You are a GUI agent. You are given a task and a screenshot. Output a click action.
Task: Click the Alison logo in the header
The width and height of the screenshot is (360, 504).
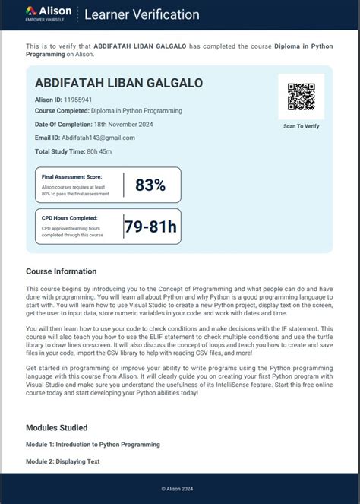49,13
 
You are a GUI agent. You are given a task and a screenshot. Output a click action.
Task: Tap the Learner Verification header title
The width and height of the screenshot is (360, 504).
142,14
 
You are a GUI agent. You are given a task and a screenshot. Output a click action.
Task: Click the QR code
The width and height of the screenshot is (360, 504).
301,97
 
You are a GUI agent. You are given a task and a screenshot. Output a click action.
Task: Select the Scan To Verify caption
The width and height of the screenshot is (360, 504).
301,126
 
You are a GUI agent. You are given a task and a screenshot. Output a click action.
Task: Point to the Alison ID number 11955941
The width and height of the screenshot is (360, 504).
78,99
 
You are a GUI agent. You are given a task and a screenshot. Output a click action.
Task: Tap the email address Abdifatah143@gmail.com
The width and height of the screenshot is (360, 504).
98,138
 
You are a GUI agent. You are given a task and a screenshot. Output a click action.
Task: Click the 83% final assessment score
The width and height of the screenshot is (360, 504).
150,185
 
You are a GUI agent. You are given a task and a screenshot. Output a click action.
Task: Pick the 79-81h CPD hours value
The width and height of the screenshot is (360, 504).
150,226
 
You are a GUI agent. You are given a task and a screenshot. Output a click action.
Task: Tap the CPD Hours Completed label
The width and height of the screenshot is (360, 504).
69,217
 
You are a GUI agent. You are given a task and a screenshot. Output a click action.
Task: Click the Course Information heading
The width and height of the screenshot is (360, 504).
62,271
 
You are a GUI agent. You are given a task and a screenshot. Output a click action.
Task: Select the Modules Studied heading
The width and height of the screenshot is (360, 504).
56,428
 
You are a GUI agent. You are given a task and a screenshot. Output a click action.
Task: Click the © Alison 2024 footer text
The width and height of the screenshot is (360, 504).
180,488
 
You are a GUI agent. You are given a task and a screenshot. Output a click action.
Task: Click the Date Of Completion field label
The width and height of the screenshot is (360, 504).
61,124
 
